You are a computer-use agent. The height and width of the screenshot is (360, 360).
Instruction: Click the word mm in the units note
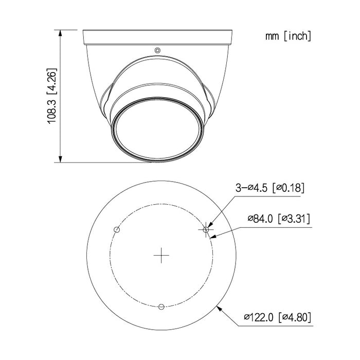tap(271, 36)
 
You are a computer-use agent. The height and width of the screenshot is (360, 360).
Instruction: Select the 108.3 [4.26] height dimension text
tap(52, 96)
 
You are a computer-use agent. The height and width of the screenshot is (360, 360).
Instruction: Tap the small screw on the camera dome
tap(157, 50)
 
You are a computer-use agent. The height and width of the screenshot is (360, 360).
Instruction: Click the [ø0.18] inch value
tap(288, 188)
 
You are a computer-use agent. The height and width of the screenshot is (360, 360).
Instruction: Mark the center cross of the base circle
tap(161, 255)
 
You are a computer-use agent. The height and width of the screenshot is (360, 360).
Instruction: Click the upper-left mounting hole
tap(117, 229)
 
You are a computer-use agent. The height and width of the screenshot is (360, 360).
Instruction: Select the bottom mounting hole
tap(161, 307)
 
